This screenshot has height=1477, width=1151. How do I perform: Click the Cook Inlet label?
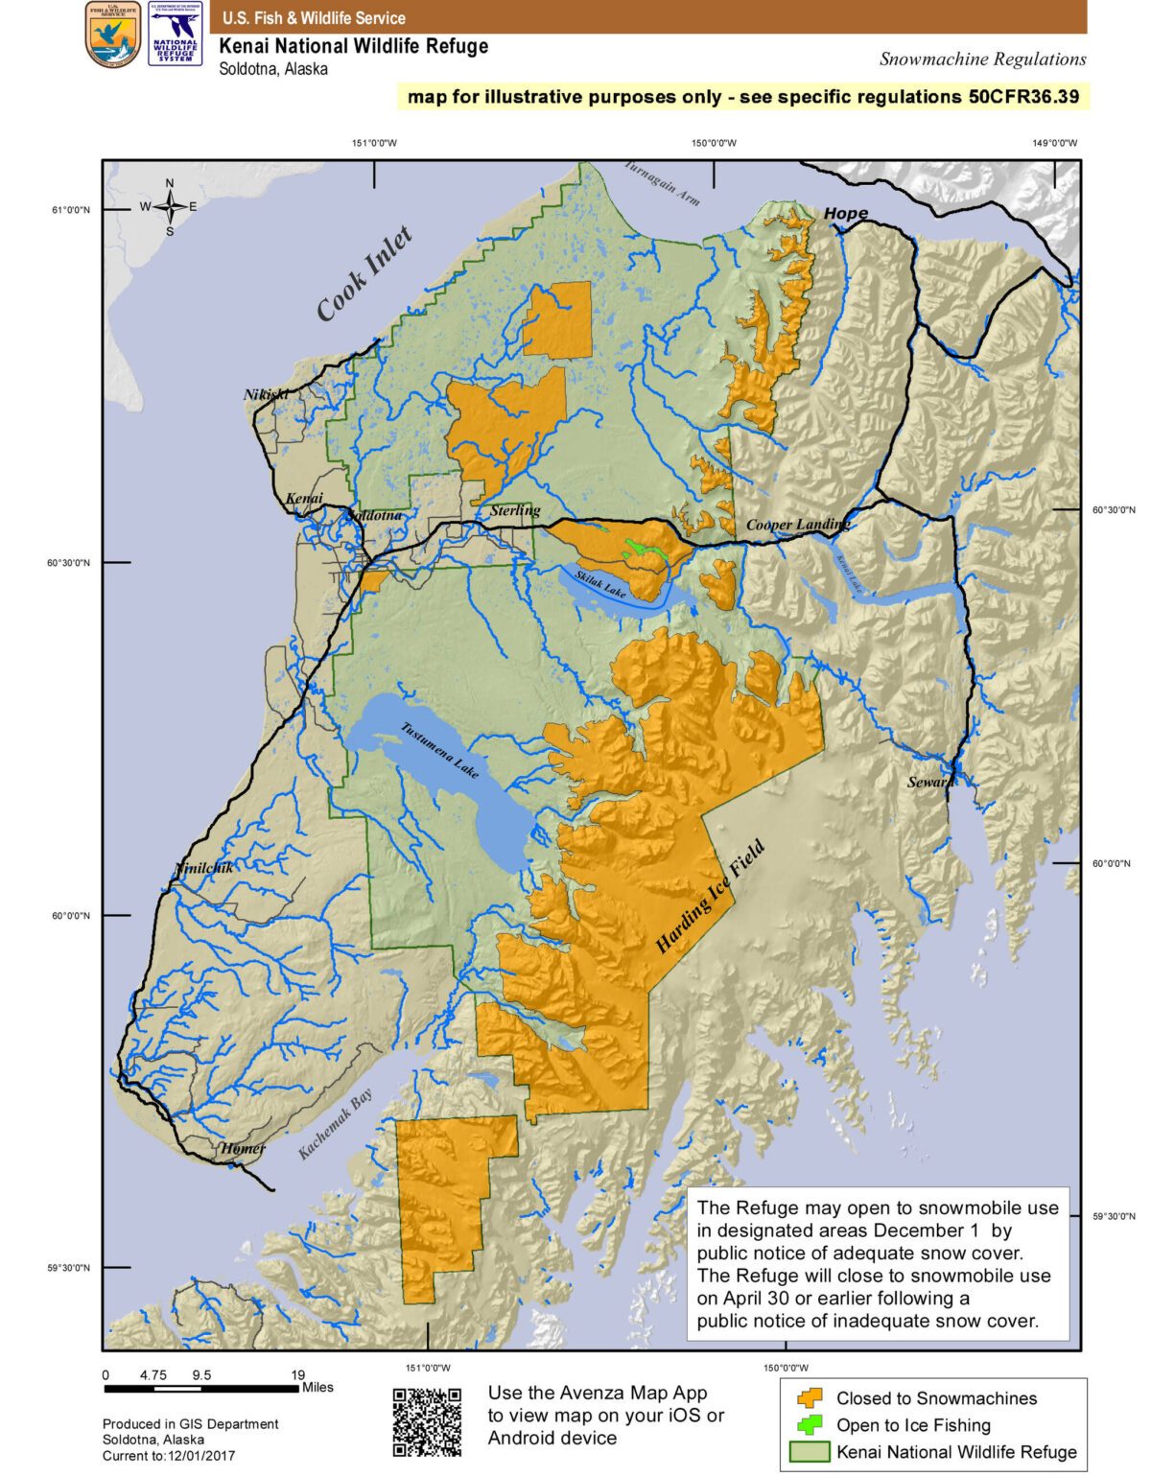click(x=364, y=274)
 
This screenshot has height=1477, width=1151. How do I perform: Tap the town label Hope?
click(x=845, y=214)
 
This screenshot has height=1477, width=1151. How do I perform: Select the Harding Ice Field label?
click(x=710, y=897)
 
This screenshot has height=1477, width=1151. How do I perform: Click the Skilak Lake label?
click(x=600, y=584)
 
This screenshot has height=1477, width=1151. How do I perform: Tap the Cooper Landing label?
click(x=797, y=525)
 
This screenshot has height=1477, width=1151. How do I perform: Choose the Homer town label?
click(x=243, y=1148)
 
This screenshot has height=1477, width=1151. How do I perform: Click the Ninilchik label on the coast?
click(x=204, y=868)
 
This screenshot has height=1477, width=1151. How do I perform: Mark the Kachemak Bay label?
click(x=335, y=1125)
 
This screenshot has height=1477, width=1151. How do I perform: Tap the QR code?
click(x=427, y=1421)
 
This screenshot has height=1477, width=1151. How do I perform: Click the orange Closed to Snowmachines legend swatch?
click(x=810, y=1398)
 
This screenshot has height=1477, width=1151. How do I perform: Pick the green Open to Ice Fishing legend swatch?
click(x=810, y=1425)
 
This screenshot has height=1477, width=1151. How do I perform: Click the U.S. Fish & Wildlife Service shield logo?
click(x=113, y=35)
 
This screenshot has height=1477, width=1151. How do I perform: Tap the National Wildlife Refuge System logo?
click(x=176, y=35)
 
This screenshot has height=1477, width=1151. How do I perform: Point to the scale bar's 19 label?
click(x=298, y=1374)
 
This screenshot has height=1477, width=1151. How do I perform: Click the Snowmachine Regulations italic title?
click(x=982, y=59)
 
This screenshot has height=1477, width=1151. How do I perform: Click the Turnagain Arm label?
click(x=662, y=182)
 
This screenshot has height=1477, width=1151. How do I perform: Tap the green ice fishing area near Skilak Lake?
click(x=640, y=550)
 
